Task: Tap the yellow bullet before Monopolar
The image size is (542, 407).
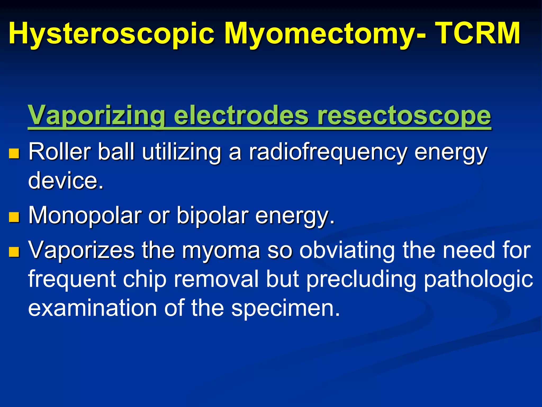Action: pos(14,217)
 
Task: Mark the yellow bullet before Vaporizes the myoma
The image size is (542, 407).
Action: pos(14,252)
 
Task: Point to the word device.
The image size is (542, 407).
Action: pos(66,180)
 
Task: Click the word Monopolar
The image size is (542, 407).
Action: pos(85,216)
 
